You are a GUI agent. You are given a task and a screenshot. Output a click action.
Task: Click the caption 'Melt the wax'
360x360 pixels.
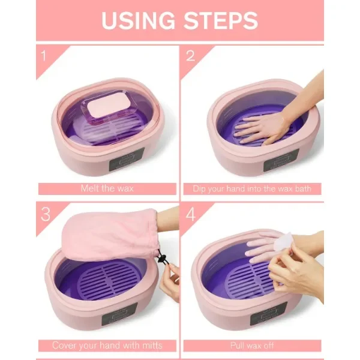107,188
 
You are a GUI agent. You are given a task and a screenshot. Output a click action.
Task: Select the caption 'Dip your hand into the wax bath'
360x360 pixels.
252,188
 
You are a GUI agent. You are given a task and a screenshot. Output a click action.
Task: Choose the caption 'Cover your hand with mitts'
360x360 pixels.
107,346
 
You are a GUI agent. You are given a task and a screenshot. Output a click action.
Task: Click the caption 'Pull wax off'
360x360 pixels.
252,346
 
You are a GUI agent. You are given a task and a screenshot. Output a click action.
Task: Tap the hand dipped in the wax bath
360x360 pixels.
264,127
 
